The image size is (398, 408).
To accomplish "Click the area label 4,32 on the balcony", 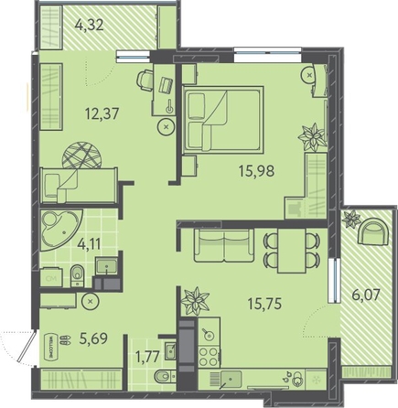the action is click(x=89, y=25).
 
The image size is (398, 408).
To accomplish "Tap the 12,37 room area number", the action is click(x=102, y=113).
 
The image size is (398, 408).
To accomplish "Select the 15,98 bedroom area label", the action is click(x=256, y=171).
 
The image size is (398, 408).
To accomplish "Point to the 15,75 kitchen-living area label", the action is click(x=264, y=304).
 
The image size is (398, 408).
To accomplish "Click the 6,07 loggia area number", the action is click(x=366, y=295).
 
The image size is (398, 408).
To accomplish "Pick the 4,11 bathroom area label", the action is click(x=89, y=244).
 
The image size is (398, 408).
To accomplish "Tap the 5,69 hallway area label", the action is click(x=93, y=338).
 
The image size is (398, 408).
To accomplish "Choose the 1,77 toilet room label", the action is click(x=147, y=357).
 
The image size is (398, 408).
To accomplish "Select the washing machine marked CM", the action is click(x=51, y=277).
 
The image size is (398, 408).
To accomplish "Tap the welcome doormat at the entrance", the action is click(x=50, y=344).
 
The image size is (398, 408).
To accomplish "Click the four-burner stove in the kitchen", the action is click(x=210, y=356).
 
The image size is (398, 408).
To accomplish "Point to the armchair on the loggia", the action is click(x=373, y=231).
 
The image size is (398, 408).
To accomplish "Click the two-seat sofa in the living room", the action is click(x=224, y=246).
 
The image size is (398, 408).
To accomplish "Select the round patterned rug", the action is click(x=81, y=156).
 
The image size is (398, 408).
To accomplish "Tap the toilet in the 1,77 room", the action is click(x=165, y=377).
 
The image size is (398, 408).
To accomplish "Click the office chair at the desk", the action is click(x=145, y=80).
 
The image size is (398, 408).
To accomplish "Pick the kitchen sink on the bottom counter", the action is click(x=231, y=379).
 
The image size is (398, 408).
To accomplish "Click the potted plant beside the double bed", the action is click(x=311, y=137).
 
